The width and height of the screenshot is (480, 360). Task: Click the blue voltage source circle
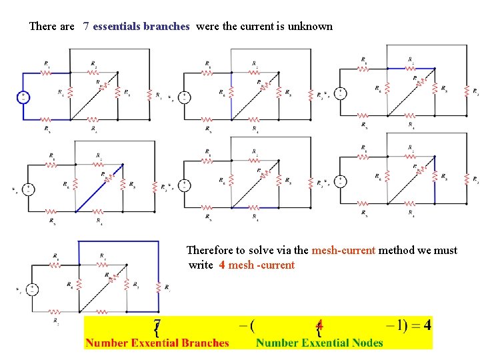point(23,97)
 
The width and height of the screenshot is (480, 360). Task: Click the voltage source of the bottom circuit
point(31,289)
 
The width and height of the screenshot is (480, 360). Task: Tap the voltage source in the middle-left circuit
point(29,189)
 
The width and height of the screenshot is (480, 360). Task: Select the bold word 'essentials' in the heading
point(117,27)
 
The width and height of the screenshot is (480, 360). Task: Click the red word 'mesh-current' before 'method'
point(344,251)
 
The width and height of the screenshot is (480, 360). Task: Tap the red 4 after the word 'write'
point(221,265)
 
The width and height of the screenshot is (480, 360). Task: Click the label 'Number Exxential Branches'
point(157,343)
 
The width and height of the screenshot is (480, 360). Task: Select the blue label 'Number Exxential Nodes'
point(319,343)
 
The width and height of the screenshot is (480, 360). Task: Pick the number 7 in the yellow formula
point(157,325)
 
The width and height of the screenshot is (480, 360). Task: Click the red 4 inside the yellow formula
point(319,325)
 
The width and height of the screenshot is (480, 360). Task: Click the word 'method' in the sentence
point(394,251)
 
